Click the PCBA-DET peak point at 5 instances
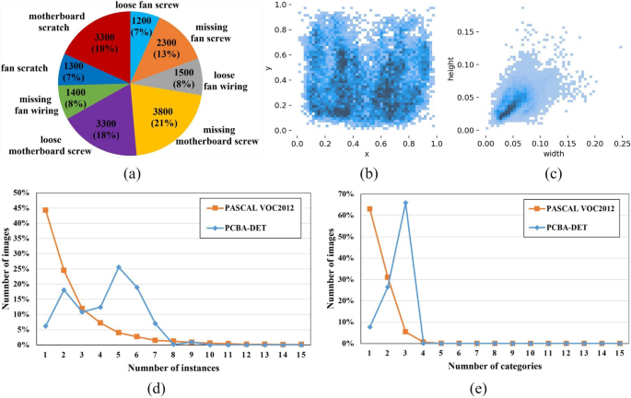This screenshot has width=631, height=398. tap(120, 267)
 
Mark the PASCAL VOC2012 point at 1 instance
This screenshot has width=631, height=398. tap(46, 210)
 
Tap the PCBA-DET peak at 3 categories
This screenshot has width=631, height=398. tap(405, 203)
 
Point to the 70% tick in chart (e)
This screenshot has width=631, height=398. tap(346, 194)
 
